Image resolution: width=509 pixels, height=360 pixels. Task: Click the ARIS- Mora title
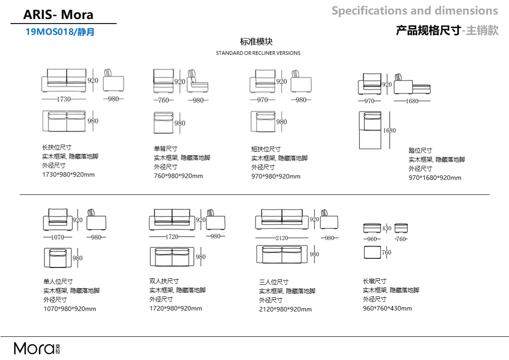tap(59, 15)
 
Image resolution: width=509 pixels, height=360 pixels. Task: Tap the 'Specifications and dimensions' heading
tap(415, 11)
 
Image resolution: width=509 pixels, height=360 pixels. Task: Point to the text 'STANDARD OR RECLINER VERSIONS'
tap(258, 53)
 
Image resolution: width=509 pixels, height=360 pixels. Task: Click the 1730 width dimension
tap(64, 99)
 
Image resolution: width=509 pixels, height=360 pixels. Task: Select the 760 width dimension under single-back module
tap(164, 100)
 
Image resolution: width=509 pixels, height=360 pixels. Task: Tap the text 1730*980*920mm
tap(69, 174)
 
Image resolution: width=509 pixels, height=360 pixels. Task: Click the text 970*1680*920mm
tap(435, 178)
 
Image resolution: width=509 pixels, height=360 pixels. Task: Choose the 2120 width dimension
tap(282, 238)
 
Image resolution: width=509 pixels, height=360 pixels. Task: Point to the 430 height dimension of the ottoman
tap(387, 228)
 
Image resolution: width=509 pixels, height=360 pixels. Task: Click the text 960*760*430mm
tap(387, 308)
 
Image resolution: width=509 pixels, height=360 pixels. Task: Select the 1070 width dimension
tap(58, 237)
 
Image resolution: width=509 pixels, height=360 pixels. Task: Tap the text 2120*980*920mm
tap(285, 309)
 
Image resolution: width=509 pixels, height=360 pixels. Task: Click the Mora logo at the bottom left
tap(37, 348)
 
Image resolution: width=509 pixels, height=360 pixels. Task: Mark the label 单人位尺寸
tap(58, 281)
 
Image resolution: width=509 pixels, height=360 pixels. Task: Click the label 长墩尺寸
tap(375, 281)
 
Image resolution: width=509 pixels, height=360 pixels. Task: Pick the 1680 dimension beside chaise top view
tap(390, 130)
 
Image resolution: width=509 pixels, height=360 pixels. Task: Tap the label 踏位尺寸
tap(421, 150)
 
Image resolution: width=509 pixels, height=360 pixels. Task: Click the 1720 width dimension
tap(172, 237)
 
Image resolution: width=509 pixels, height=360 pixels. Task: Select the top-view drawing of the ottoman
tap(372, 252)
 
